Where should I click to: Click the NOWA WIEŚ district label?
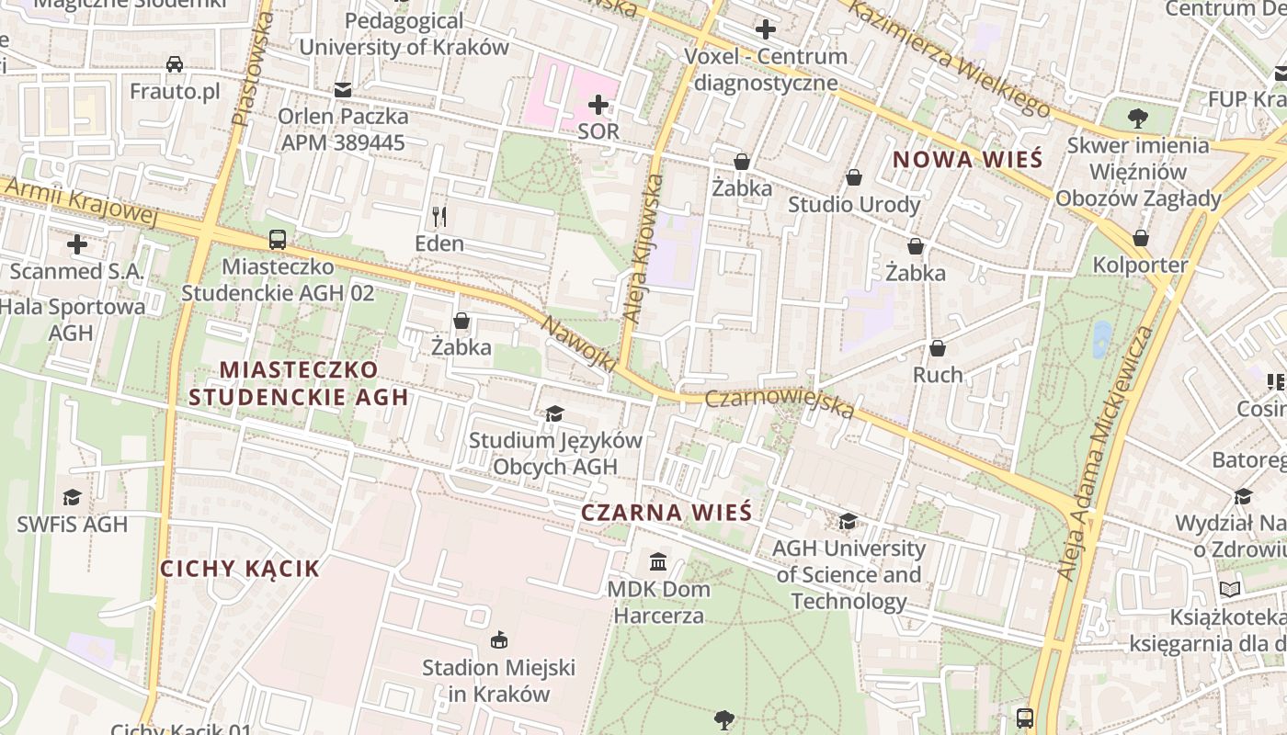pos(968,159)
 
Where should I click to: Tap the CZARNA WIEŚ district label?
pos(666,513)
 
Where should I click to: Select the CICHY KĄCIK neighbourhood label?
pos(240,569)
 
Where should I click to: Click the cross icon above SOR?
pos(598,104)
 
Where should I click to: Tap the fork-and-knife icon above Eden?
pos(439,217)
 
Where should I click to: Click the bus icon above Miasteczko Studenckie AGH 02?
pos(278,240)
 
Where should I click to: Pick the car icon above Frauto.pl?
pos(175,64)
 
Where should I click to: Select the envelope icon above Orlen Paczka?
pos(343,90)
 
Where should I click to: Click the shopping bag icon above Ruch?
pos(938,348)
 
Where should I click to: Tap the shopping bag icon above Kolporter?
pos(1141,238)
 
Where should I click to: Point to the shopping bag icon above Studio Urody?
pos(854,177)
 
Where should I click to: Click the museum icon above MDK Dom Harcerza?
pos(658,561)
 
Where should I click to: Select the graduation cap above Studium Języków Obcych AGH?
pos(554,413)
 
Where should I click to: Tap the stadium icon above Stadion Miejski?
pos(499,639)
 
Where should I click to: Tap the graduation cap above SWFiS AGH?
pos(72,498)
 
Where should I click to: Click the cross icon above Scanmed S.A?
pos(77,244)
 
